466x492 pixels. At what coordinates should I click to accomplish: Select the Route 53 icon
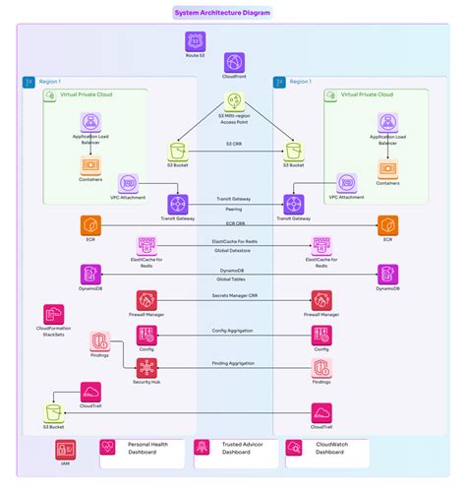pyautogui.click(x=195, y=41)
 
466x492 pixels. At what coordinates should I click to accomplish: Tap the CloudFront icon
pyautogui.click(x=234, y=65)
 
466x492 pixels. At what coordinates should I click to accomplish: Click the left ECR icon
pyautogui.click(x=89, y=224)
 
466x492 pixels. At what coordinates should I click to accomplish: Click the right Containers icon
pyautogui.click(x=385, y=167)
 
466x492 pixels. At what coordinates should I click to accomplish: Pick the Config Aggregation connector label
pyautogui.click(x=234, y=331)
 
